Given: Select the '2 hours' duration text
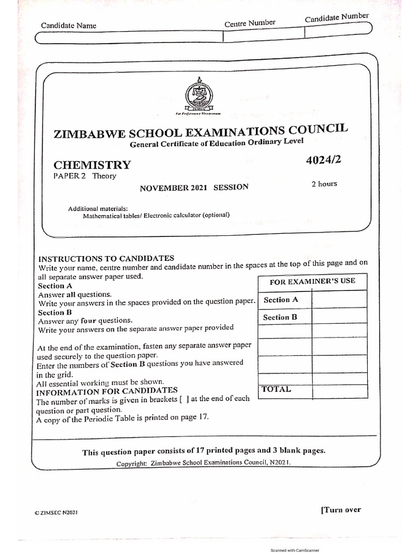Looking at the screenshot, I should click(324, 184).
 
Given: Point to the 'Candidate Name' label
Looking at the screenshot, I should click(68, 26).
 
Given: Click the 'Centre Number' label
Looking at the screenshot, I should click(250, 23).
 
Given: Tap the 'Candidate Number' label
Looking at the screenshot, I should click(337, 18).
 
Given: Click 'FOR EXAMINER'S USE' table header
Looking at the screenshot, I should click(312, 281).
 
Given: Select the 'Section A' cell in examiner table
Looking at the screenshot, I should click(281, 300).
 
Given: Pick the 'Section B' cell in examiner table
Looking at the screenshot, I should click(280, 317).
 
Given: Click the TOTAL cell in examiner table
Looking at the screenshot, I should click(277, 389).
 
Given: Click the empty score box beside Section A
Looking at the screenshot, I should click(339, 299).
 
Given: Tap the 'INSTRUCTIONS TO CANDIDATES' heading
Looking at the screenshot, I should click(106, 258).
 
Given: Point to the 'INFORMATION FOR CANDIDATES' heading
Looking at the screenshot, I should click(106, 391).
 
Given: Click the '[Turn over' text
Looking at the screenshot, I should click(340, 510).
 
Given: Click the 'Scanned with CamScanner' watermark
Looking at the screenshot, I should click(295, 551).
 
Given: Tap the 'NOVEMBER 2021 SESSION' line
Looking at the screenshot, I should click(194, 187).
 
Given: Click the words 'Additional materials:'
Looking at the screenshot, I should click(98, 209).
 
